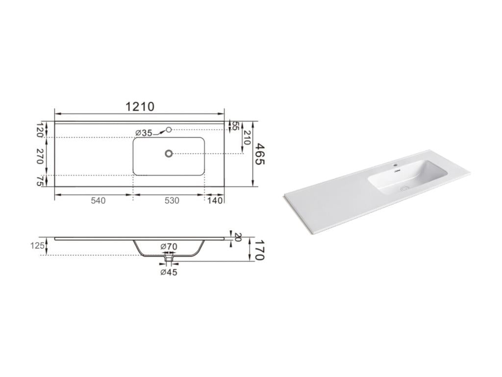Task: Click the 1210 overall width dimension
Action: coord(140,106)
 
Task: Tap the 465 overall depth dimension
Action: coord(260,154)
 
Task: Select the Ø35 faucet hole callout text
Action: coord(144,133)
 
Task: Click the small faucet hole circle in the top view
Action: coord(169,130)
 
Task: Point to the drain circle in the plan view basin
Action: coord(169,154)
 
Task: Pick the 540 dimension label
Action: coord(98,201)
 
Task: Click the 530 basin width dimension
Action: coord(172,201)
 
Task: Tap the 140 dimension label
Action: coord(215,201)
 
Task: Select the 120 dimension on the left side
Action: coord(40,130)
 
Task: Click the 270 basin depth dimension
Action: coord(40,156)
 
